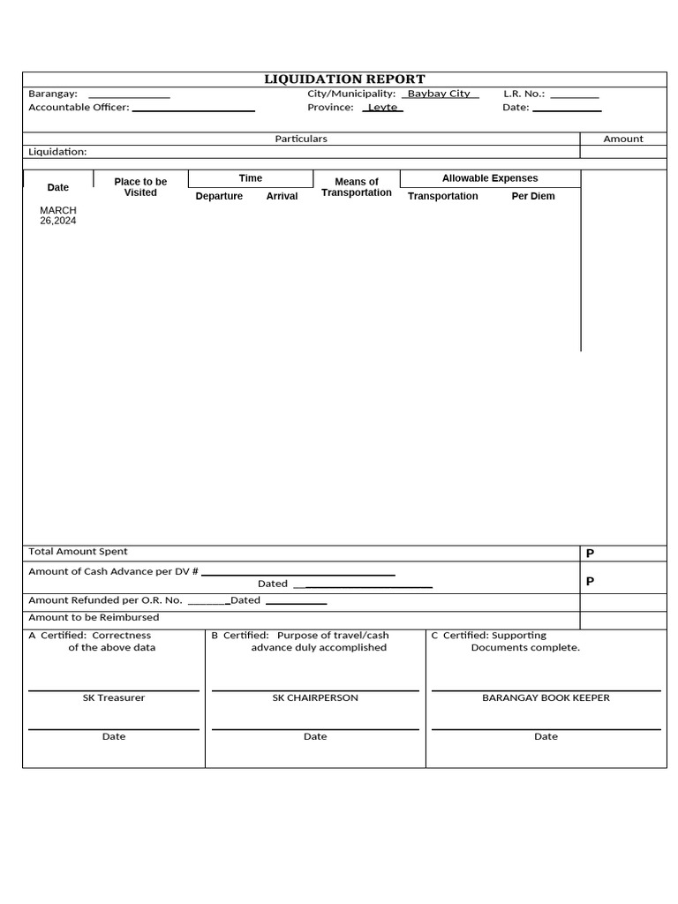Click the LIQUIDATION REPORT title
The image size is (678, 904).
pyautogui.click(x=344, y=79)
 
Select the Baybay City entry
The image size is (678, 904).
pyautogui.click(x=439, y=94)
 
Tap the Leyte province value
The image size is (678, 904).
pyautogui.click(x=382, y=108)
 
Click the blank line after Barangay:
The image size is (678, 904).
pyautogui.click(x=129, y=94)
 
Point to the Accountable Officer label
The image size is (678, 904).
pyautogui.click(x=79, y=108)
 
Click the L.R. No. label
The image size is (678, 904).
pyautogui.click(x=524, y=94)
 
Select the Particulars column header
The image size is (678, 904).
pyautogui.click(x=301, y=139)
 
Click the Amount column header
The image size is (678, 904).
pyautogui.click(x=623, y=139)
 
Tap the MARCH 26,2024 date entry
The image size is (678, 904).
pyautogui.click(x=58, y=215)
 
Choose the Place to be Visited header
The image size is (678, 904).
pyautogui.click(x=140, y=187)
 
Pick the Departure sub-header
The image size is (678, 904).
pyautogui.click(x=219, y=196)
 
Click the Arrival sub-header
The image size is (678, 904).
pyautogui.click(x=282, y=196)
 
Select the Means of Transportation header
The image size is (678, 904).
pyautogui.click(x=357, y=187)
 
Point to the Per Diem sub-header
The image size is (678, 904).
pyautogui.click(x=533, y=196)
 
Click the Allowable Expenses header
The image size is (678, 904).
pyautogui.click(x=490, y=178)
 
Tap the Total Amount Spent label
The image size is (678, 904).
pyautogui.click(x=78, y=552)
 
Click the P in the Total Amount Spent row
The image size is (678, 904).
pyautogui.click(x=590, y=554)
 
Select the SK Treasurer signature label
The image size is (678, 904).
pyautogui.click(x=114, y=698)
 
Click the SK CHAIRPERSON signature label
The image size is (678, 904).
pyautogui.click(x=315, y=698)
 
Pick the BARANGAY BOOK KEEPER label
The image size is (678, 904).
pyautogui.click(x=546, y=698)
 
